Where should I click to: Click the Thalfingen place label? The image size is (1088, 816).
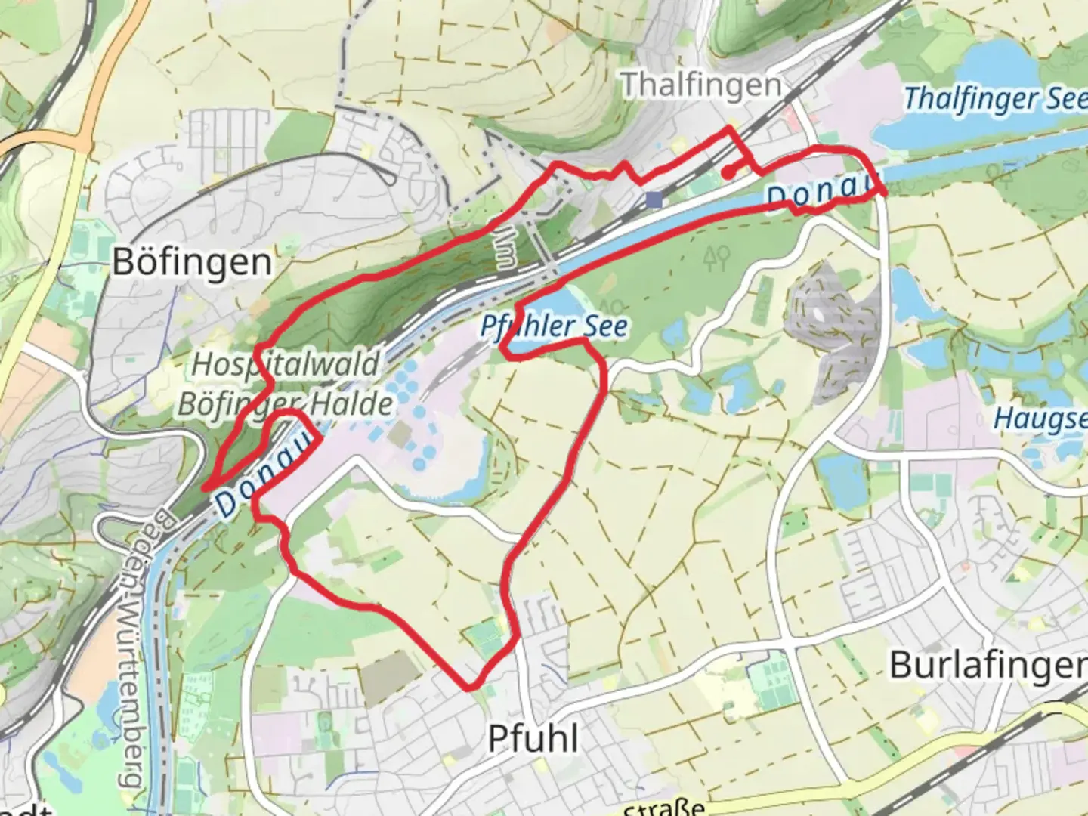pos(701,85)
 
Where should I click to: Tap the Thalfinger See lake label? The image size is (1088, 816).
pos(994,98)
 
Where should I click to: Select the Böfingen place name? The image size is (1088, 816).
pos(192,262)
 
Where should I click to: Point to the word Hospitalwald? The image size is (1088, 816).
pos(286,365)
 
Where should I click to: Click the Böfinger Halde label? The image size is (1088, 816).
pos(286,404)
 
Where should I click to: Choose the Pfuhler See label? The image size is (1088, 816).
pos(555,326)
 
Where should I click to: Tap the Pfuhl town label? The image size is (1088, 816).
pos(533,738)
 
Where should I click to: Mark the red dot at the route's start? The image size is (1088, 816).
pos(726,173)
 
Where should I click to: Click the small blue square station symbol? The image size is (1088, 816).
pos(654,199)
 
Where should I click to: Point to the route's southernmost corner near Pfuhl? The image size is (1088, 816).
pos(471,687)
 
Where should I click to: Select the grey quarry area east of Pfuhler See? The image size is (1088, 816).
pos(827,306)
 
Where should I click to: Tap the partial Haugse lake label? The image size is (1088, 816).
pos(1041,419)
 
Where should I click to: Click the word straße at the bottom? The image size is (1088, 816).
pos(665,807)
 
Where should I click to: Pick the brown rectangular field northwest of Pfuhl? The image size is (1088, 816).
pos(390,675)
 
